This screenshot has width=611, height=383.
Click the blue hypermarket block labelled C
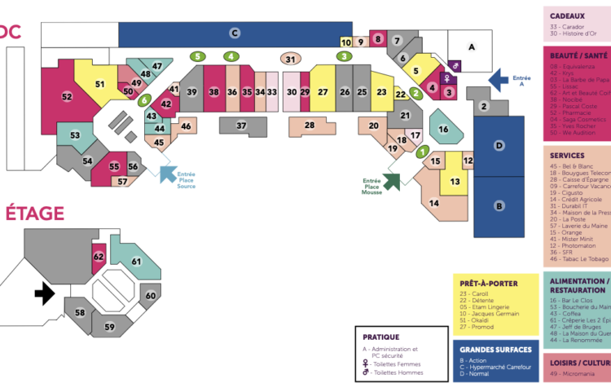[234, 33]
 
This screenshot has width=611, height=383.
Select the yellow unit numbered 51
[99, 83]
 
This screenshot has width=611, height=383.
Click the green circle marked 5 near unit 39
[197, 56]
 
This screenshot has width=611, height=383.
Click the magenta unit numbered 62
[99, 256]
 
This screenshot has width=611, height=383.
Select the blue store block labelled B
[498, 206]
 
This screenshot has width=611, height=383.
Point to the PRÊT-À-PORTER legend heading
[489, 284]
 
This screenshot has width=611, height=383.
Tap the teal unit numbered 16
[444, 129]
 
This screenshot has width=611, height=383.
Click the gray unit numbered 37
[241, 125]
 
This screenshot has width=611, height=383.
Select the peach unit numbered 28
[309, 125]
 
